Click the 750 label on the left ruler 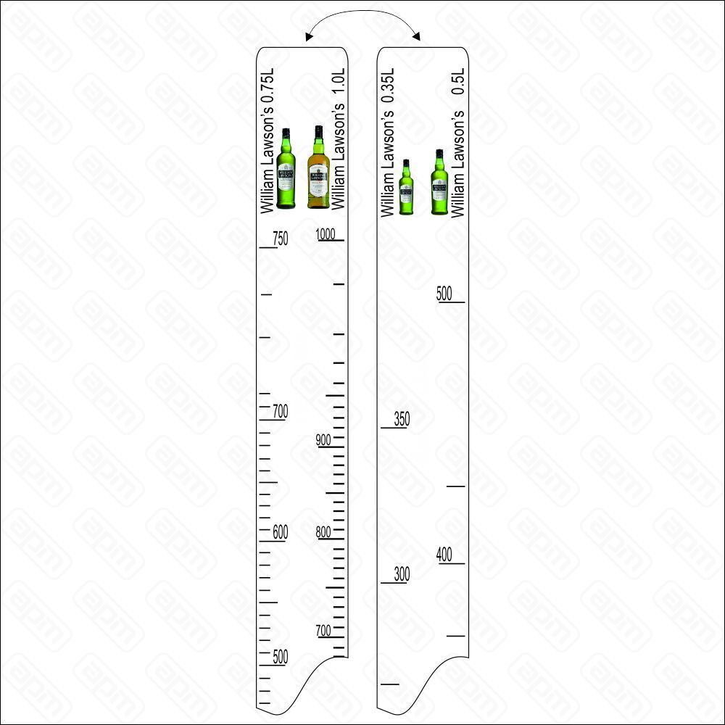pyautogui.click(x=280, y=239)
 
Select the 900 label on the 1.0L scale pyautogui.click(x=323, y=440)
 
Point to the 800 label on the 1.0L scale pyautogui.click(x=323, y=532)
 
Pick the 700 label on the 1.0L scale pyautogui.click(x=323, y=631)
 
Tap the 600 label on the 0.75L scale pyautogui.click(x=280, y=532)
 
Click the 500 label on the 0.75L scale pyautogui.click(x=280, y=657)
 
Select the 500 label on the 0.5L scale pyautogui.click(x=444, y=294)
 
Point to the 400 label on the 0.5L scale pyautogui.click(x=444, y=555)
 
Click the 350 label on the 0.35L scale pyautogui.click(x=402, y=419)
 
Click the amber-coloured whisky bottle pyautogui.click(x=318, y=167)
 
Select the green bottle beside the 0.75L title pyautogui.click(x=286, y=169)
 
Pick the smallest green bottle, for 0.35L pyautogui.click(x=406, y=187)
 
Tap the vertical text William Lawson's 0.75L pyautogui.click(x=268, y=141)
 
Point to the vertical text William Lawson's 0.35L pyautogui.click(x=387, y=142)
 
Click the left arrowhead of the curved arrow pyautogui.click(x=309, y=37)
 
